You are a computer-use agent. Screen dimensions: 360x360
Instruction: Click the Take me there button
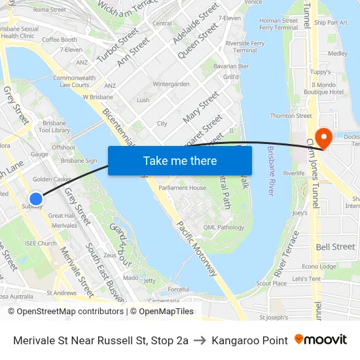pos(180,160)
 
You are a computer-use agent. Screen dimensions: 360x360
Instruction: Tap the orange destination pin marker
pos(323,137)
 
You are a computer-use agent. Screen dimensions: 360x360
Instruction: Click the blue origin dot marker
pos(36,198)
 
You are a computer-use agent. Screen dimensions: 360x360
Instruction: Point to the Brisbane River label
pos(270,171)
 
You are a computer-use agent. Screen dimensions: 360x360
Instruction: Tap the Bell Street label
pos(335,247)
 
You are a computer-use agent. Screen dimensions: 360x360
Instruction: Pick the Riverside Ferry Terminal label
pos(245,46)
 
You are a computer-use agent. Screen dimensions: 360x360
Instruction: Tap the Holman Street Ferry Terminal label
pos(278,24)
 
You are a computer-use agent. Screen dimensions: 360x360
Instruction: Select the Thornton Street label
pos(291,116)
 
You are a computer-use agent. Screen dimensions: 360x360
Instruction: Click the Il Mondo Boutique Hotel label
pos(328,88)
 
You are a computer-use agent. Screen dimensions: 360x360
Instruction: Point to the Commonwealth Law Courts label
pos(74,81)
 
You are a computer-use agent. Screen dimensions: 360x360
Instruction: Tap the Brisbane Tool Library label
pos(55,126)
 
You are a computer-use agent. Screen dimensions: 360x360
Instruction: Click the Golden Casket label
pos(52,179)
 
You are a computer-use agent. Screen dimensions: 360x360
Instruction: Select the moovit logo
pos(320,340)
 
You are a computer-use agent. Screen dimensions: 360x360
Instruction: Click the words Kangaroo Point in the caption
pos(249,340)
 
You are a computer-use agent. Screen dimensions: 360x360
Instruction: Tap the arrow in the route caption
pos(200,340)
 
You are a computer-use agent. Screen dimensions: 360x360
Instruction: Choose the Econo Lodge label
pos(319,266)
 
